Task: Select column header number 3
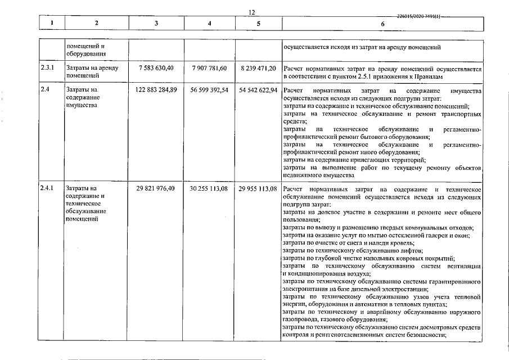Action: point(156,24)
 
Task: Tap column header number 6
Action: point(382,24)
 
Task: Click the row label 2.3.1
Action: point(48,68)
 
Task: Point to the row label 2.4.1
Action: point(48,188)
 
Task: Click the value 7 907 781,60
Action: point(209,68)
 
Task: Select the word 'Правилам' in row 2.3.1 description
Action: point(433,75)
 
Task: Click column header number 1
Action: point(51,24)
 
